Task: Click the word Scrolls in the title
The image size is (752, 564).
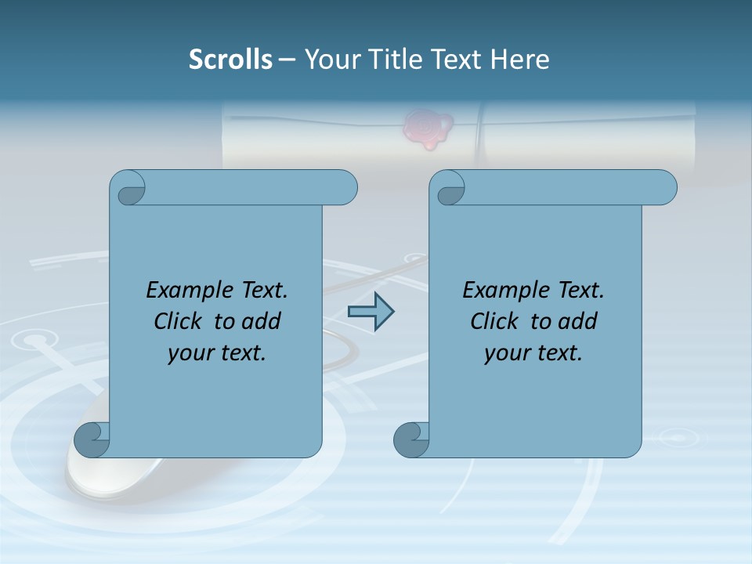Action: [231, 60]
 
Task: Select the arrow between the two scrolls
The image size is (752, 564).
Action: [371, 311]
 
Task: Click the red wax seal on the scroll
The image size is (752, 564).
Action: [427, 128]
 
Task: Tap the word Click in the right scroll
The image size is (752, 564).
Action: [497, 321]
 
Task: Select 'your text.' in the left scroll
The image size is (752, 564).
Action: [217, 353]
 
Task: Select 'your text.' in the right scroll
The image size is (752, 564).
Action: [533, 353]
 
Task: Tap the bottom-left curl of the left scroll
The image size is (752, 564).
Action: [92, 440]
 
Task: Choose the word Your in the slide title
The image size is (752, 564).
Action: [330, 60]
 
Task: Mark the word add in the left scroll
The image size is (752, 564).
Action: [262, 321]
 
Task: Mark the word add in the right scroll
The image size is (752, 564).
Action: [578, 321]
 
